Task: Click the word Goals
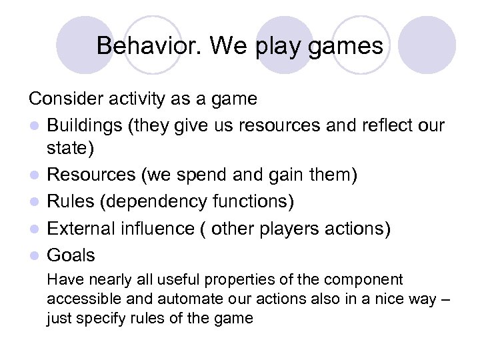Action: click(71, 255)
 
